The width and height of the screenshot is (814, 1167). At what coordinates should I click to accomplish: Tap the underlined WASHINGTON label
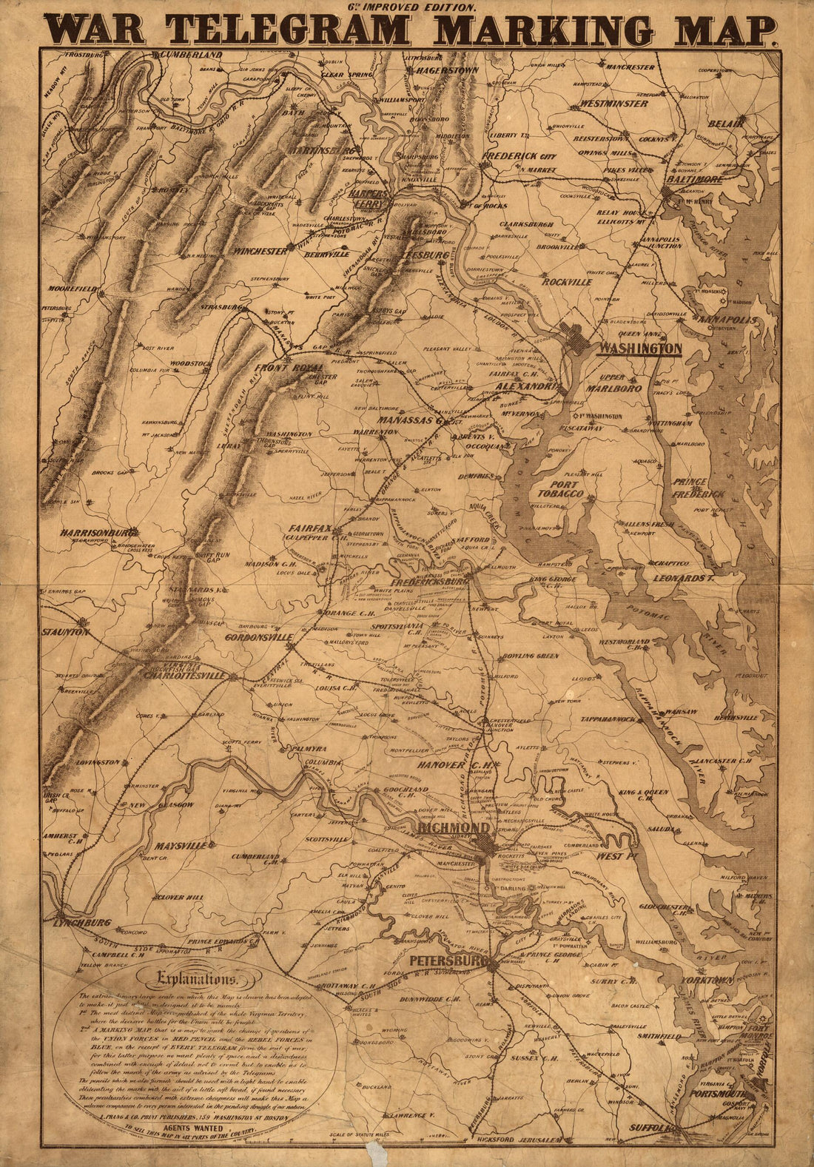[x=639, y=348]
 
